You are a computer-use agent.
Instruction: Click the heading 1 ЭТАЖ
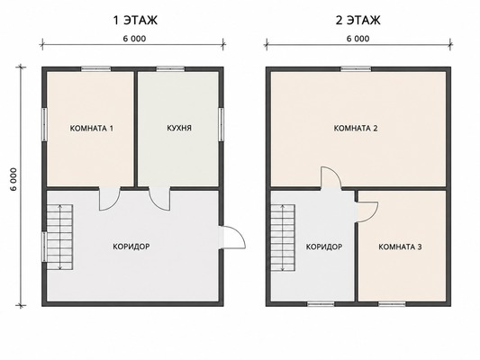135,20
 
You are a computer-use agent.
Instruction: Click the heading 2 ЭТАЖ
358,20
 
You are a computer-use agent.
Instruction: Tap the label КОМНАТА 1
92,128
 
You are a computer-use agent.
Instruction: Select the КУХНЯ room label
179,128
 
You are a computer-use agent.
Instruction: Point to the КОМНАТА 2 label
356,128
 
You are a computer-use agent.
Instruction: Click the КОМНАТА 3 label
400,247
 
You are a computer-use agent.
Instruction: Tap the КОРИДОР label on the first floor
131,247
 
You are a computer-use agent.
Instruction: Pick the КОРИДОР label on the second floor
324,247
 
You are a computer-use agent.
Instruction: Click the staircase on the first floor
59,237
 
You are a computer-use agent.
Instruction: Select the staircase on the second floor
282,238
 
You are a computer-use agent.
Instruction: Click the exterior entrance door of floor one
232,238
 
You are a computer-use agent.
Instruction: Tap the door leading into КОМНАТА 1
109,198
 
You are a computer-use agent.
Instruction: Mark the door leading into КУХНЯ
159,198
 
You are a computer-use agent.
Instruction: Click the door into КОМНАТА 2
331,178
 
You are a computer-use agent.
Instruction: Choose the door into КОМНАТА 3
367,211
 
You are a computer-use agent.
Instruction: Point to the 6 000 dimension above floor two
358,39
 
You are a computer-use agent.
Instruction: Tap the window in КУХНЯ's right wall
221,124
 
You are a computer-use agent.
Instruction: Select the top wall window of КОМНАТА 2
356,68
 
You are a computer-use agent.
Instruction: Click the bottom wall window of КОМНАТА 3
392,303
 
